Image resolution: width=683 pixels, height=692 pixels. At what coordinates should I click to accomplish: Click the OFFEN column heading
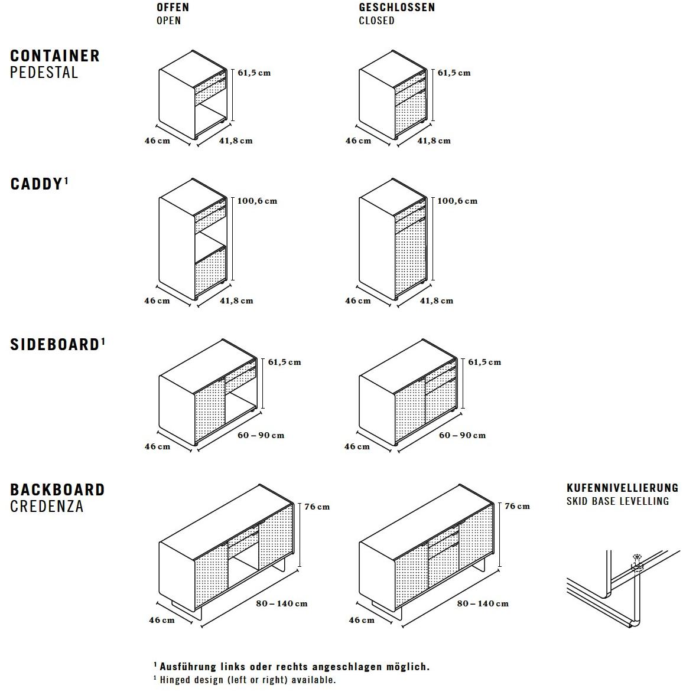[x=173, y=8]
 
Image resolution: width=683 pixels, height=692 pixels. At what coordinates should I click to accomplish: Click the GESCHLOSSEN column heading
[x=396, y=8]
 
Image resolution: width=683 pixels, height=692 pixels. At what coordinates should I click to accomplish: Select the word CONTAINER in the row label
[x=55, y=56]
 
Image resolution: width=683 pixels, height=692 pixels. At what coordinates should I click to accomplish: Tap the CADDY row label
[x=36, y=184]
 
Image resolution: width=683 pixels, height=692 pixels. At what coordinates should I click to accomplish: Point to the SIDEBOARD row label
[x=54, y=345]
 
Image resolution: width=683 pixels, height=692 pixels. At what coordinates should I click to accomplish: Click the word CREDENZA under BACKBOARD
[x=47, y=507]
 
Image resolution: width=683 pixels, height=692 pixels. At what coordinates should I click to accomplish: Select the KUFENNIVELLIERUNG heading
[x=622, y=488]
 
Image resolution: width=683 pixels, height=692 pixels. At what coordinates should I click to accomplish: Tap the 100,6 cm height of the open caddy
[x=257, y=201]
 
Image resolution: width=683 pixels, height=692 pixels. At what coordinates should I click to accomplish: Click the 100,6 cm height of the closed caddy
[x=457, y=201]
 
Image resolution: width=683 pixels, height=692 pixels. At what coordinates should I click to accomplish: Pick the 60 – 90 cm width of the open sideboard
[x=261, y=435]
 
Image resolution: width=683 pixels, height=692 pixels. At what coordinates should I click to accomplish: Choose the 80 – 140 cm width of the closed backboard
[x=482, y=603]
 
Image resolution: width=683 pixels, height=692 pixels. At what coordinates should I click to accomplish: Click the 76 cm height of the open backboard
[x=317, y=507]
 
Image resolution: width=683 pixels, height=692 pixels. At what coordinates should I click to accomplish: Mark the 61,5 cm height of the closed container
[x=454, y=73]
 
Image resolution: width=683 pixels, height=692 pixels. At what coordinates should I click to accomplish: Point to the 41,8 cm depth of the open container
[x=236, y=141]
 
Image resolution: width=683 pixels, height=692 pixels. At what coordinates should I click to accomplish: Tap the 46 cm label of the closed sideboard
[x=357, y=446]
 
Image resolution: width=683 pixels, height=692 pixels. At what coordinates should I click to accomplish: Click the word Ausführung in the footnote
[x=188, y=667]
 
